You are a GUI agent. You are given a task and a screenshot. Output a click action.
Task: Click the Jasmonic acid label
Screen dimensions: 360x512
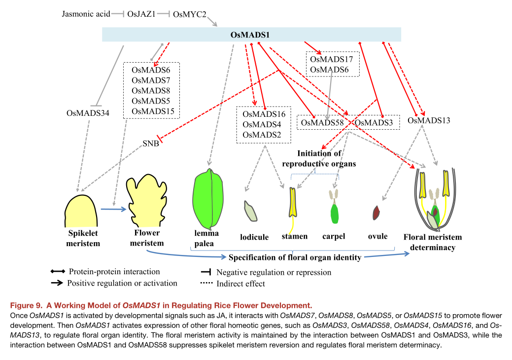coord(86,14)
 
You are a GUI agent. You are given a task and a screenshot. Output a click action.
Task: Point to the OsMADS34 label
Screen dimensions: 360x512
coord(88,113)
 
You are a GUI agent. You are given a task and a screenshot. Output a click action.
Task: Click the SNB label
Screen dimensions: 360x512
coord(150,144)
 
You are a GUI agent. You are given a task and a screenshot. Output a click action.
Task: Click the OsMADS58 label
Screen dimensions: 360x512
coord(322,122)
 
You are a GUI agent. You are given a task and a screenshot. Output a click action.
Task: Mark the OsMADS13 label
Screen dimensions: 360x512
coord(429,120)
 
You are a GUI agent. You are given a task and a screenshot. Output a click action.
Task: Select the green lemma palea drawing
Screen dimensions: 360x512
coord(209,197)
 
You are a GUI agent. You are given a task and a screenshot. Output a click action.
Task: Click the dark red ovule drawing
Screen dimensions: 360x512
coord(376,213)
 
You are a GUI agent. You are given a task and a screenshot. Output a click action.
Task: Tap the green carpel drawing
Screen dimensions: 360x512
coord(335,213)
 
